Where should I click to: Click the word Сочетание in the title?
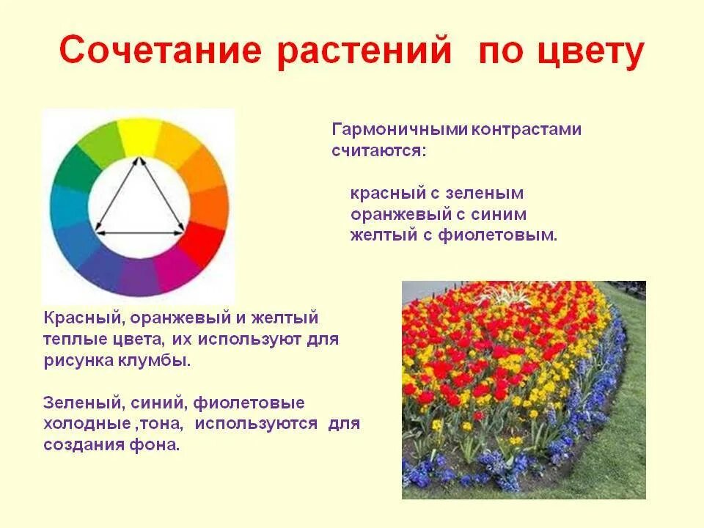tap(161, 53)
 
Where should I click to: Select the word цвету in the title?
tap(587, 53)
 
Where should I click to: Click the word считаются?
tap(378, 151)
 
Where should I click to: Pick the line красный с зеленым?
tap(437, 194)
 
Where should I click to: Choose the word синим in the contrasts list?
tap(498, 215)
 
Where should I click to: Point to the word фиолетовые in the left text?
tap(263, 403)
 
